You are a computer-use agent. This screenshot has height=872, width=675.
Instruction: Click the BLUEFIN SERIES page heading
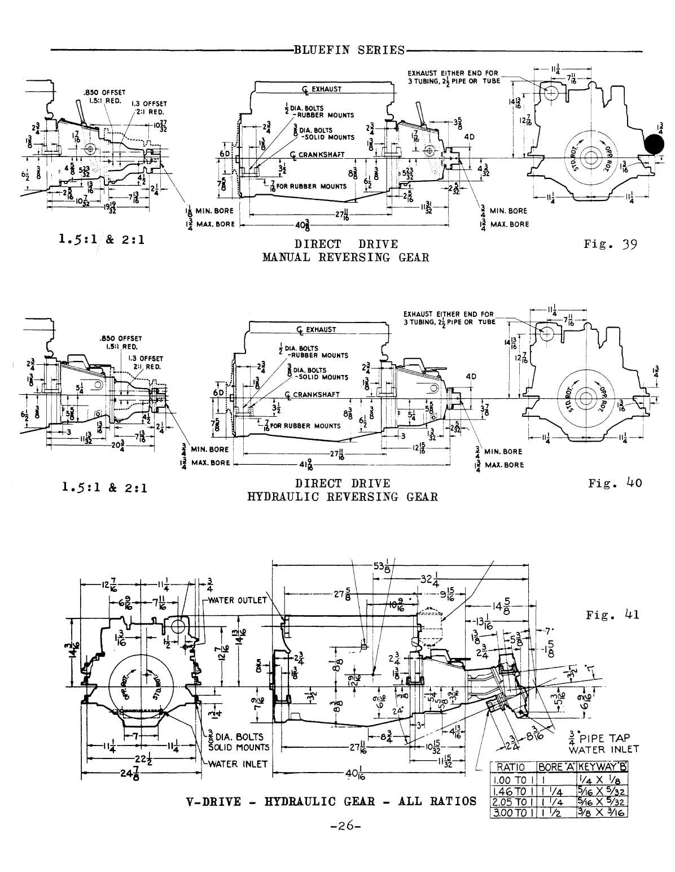click(x=349, y=50)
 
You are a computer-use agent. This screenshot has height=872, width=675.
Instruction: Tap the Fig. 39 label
click(x=611, y=245)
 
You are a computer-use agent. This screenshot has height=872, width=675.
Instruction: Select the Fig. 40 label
click(x=615, y=483)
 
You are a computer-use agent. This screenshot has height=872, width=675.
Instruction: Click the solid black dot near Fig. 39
click(x=655, y=145)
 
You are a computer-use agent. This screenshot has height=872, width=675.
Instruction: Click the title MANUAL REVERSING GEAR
click(x=346, y=258)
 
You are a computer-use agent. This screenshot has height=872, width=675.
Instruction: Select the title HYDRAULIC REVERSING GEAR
click(x=343, y=497)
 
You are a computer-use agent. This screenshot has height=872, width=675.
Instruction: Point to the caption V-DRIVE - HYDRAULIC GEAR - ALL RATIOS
click(x=331, y=801)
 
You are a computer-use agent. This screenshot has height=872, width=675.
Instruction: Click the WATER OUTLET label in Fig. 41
click(x=237, y=600)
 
